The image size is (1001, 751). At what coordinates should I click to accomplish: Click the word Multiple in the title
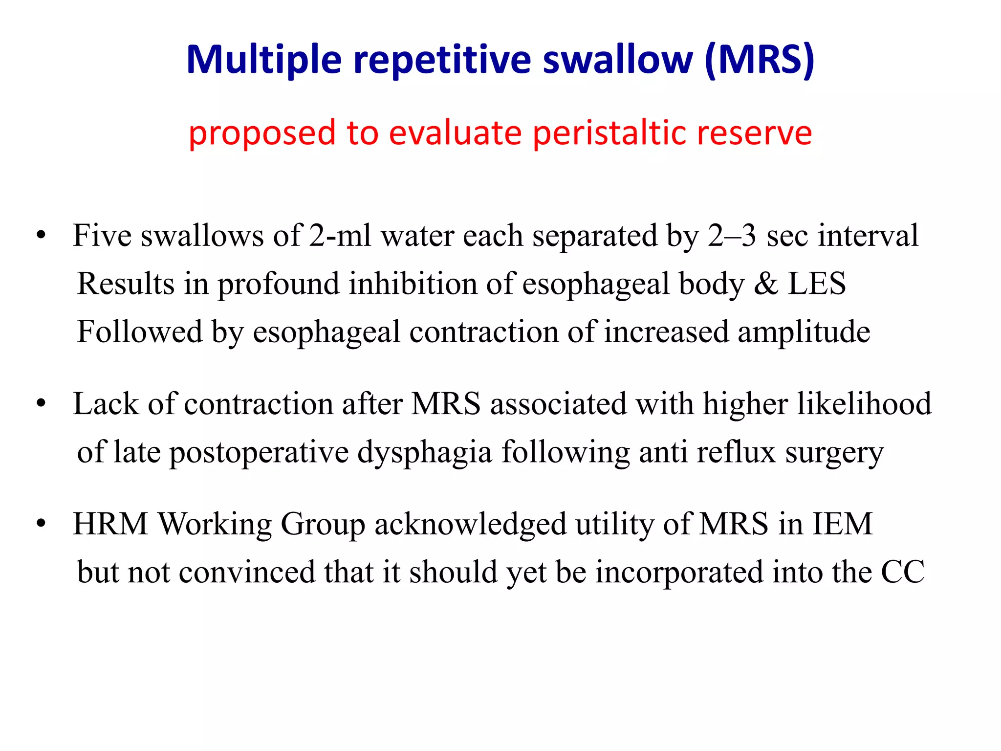[264, 60]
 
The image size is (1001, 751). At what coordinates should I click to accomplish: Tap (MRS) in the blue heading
[760, 60]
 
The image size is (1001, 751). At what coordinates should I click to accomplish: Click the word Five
[102, 236]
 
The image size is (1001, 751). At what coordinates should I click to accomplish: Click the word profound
[278, 284]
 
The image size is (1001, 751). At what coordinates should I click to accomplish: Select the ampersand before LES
[765, 284]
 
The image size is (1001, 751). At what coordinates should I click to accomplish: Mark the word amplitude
[804, 332]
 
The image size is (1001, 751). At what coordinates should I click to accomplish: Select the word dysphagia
[424, 452]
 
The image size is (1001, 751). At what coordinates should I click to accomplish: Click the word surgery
[834, 452]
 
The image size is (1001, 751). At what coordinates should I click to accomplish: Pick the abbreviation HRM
[110, 524]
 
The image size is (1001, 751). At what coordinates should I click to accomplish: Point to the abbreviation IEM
[842, 524]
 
